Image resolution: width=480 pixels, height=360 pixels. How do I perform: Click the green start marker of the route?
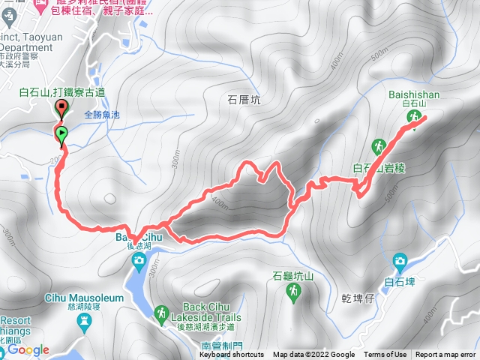click(x=61, y=134)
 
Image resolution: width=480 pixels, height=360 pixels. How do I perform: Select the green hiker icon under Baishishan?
click(x=413, y=117)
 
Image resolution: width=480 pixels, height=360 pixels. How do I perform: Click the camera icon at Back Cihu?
click(x=139, y=260)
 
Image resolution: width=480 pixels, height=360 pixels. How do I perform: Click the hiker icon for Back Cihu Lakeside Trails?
click(x=161, y=313)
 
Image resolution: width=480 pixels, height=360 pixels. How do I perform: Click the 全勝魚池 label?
click(x=102, y=115)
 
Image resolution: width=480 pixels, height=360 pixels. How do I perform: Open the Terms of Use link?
click(x=385, y=355)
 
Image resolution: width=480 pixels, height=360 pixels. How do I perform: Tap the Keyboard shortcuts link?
click(x=232, y=355)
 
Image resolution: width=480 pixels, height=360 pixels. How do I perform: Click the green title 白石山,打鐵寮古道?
click(x=62, y=92)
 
